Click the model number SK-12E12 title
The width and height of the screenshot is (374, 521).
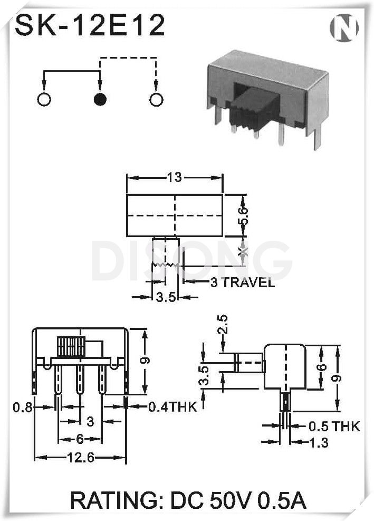point(90,25)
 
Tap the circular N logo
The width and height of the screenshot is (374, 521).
point(344,27)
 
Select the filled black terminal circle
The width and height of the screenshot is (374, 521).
point(100,99)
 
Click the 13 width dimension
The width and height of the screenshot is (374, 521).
point(175,177)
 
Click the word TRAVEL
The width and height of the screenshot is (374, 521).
point(248,282)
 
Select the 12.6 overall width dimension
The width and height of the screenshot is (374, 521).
point(81,458)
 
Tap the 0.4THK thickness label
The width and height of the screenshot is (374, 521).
point(172,406)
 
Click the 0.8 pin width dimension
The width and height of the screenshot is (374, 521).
point(23,406)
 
